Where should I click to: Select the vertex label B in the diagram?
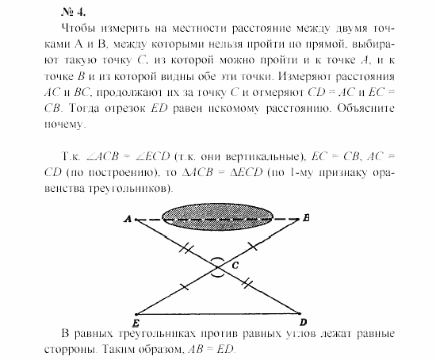point(306,216)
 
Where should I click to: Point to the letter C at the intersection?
point(235,266)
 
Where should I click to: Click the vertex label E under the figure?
point(136,323)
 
